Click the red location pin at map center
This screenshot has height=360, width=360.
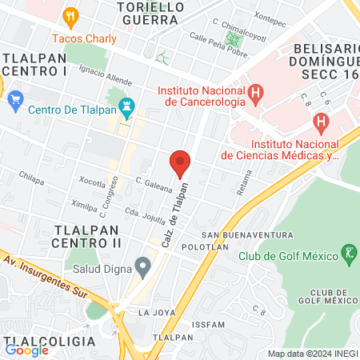180,162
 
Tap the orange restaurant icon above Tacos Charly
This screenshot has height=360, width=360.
72,17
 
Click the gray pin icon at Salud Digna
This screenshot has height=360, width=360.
143,265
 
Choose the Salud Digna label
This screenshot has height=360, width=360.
98,269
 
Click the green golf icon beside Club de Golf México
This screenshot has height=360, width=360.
348,255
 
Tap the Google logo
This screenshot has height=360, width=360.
26,350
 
